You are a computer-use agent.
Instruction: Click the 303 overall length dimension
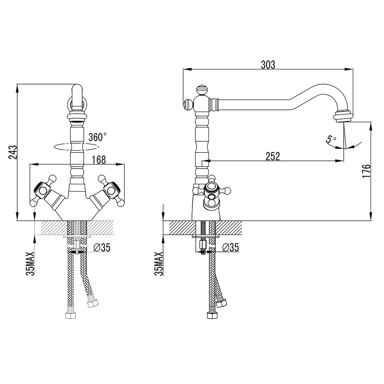coord(268,65)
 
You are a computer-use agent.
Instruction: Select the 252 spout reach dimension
coord(273,156)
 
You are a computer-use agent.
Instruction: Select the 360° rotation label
coord(97,137)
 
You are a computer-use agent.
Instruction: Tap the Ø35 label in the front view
coord(102,248)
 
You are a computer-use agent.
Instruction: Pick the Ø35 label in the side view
coord(231,248)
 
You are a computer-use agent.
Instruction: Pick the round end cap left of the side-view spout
coord(188,104)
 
